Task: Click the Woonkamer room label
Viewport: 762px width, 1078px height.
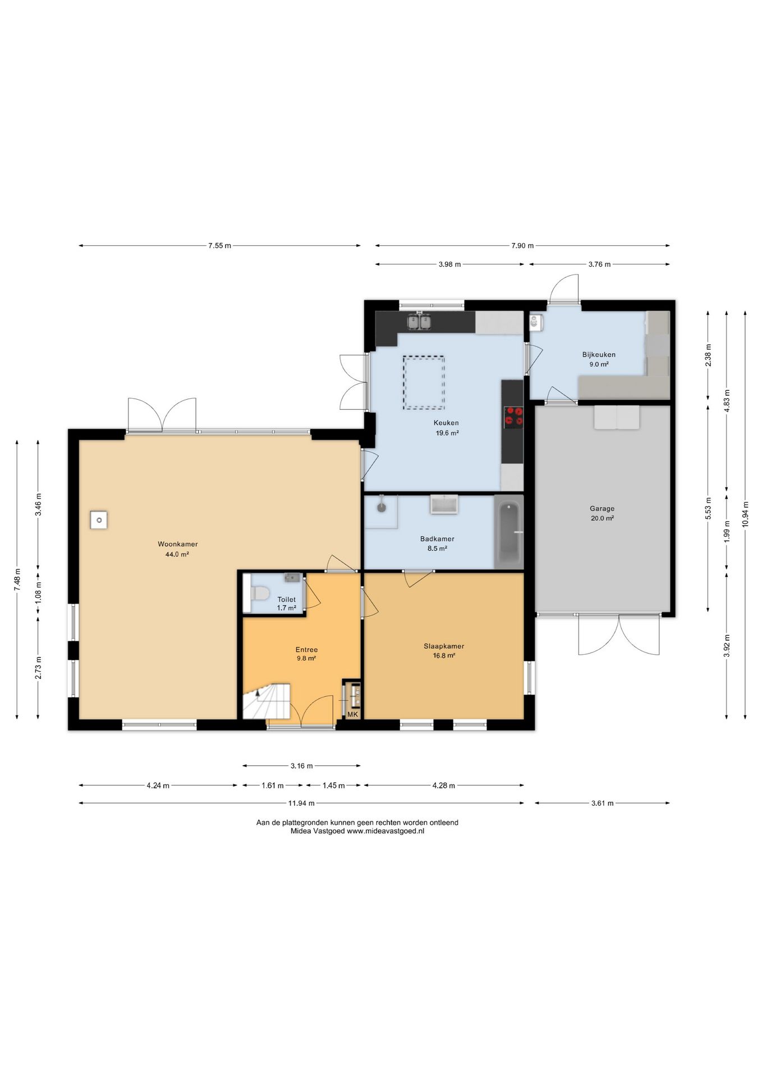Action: coord(177,544)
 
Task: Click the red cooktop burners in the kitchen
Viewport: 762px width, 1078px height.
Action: coord(513,416)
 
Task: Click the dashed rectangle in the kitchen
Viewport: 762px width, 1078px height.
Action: coord(424,382)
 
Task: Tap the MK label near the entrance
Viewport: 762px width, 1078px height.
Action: coord(352,714)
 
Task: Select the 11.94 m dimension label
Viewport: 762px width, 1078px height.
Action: coord(301,803)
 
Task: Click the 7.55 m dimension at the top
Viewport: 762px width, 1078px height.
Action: coord(219,245)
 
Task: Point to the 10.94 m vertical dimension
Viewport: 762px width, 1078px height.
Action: coord(745,513)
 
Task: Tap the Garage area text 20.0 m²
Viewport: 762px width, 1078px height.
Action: coord(602,518)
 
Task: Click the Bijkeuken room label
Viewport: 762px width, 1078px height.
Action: coord(599,354)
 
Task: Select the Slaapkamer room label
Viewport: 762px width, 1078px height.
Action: coord(444,646)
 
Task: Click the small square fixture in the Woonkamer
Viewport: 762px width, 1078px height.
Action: coord(98,519)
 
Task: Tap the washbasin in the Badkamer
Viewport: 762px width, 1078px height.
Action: coord(444,504)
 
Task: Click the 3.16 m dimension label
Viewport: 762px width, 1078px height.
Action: coord(301,765)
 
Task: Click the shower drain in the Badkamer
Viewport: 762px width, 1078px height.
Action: coord(382,508)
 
